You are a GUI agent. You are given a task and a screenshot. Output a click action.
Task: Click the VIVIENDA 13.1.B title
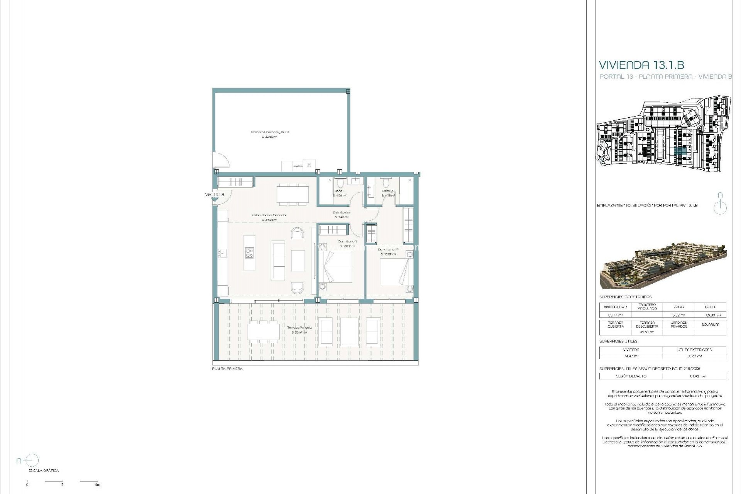tap(641, 65)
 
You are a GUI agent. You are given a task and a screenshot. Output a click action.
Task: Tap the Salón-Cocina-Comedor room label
tap(269, 215)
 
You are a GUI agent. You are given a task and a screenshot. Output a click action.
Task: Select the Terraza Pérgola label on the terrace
tap(299, 328)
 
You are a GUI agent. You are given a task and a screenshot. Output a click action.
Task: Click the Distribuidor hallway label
tap(341, 213)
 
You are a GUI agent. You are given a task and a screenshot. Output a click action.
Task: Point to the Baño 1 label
tap(339, 191)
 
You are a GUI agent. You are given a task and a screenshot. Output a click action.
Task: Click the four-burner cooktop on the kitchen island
tap(249, 253)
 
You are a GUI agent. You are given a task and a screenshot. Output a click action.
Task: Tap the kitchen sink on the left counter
tap(223, 254)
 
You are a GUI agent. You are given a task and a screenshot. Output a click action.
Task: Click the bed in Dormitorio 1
tap(335, 267)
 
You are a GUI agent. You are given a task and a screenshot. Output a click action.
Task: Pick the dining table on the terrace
tap(264, 332)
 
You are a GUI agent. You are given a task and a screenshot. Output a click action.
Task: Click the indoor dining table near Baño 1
tap(293, 195)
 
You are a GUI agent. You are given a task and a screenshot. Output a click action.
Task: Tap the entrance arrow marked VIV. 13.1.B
tap(215, 200)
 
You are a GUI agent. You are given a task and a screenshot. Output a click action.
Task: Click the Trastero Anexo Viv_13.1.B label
tap(269, 132)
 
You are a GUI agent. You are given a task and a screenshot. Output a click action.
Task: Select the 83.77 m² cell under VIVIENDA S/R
tap(615, 315)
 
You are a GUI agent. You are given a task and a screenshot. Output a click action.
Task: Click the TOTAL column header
tap(710, 307)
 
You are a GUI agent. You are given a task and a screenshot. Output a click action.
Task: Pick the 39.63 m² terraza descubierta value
tap(646, 332)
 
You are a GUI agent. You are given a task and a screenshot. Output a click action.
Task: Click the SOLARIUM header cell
tap(710, 325)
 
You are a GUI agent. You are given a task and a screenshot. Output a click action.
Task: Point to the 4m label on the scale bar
tap(98, 485)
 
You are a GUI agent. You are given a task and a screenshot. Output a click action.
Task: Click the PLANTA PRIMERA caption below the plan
tap(227, 369)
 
